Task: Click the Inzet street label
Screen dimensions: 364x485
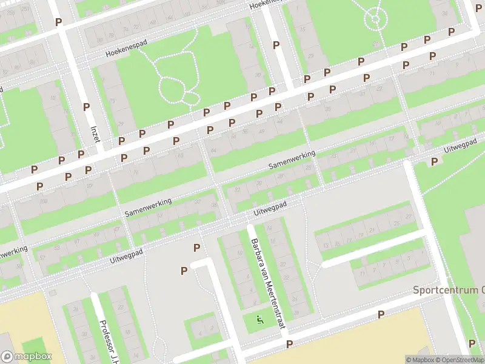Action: coord(95,133)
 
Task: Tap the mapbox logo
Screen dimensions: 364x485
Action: coord(26,357)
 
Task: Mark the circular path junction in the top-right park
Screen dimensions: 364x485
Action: coord(376,19)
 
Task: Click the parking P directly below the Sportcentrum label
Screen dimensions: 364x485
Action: coord(381,314)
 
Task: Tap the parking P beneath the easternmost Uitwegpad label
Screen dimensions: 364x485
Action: coord(434,161)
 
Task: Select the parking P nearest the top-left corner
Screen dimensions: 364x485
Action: coord(59,22)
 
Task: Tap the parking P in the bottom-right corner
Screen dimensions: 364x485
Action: coord(472,343)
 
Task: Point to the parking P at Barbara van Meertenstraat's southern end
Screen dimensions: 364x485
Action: coord(290,344)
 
